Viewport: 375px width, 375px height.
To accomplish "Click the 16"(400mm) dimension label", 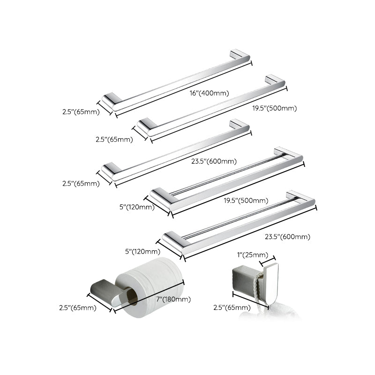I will [x=210, y=93].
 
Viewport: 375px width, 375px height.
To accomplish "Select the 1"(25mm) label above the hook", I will [x=253, y=255].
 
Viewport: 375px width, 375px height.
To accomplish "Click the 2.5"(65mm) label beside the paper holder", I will [x=77, y=308].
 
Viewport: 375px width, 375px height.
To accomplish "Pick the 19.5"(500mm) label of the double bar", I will [x=247, y=201].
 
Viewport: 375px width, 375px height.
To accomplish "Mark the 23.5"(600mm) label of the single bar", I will [x=214, y=161].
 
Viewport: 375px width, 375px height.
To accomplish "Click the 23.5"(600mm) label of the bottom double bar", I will [x=289, y=237].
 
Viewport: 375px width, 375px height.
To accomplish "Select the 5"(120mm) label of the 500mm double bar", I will [x=135, y=207].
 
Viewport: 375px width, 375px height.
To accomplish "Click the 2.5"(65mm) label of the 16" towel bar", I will [x=81, y=112].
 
